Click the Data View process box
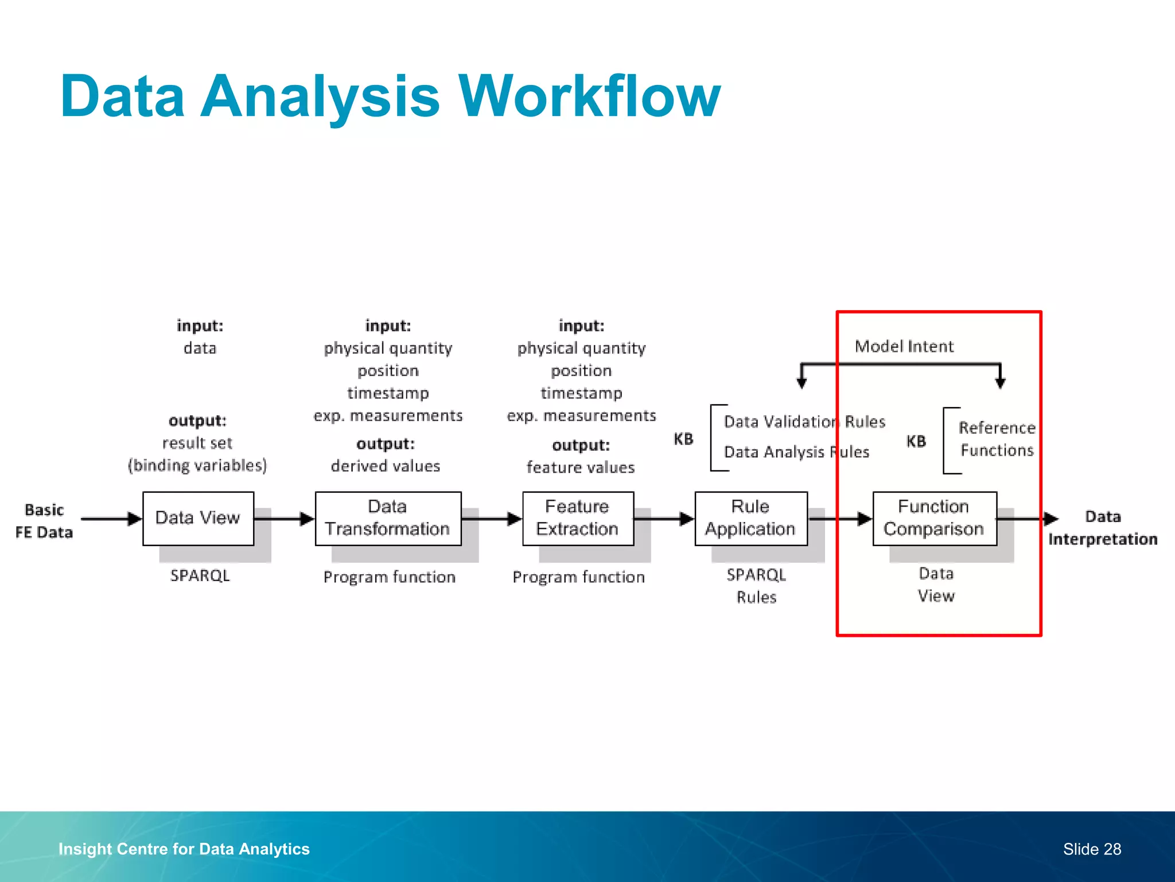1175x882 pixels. (198, 518)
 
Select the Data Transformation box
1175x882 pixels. (388, 518)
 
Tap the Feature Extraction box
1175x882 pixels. (578, 518)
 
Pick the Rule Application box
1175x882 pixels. (750, 518)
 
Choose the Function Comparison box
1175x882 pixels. (934, 518)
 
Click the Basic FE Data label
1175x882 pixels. (44, 521)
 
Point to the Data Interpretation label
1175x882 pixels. (1103, 528)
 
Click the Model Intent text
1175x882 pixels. (904, 346)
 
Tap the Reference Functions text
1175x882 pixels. (997, 439)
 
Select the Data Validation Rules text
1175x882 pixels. (804, 422)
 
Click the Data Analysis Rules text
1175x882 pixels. (796, 452)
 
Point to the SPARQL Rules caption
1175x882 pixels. (756, 586)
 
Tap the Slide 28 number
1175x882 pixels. (1092, 849)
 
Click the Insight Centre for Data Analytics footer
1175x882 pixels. (184, 849)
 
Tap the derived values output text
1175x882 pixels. (386, 466)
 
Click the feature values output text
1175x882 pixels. (581, 468)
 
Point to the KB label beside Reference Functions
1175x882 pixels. (916, 442)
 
